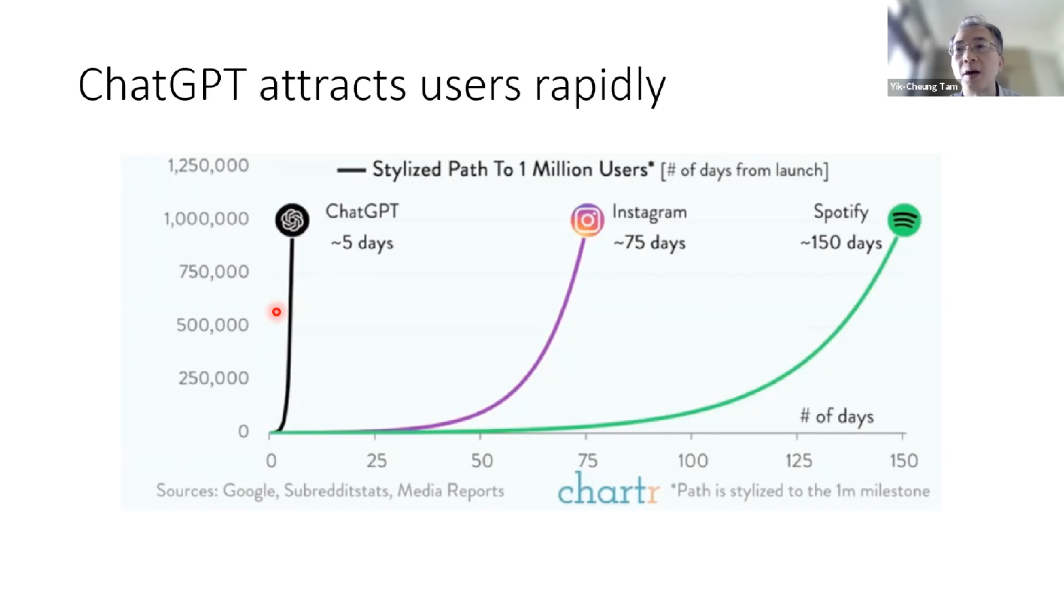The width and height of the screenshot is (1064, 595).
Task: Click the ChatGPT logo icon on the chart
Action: (x=292, y=220)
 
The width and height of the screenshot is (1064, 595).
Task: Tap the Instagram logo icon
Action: (x=587, y=220)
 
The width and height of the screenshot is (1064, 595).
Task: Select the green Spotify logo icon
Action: (x=904, y=220)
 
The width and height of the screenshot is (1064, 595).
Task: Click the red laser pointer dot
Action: (x=276, y=312)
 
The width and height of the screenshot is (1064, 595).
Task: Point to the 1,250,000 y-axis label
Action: (x=208, y=166)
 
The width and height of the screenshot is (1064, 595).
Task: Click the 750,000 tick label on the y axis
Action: (x=214, y=272)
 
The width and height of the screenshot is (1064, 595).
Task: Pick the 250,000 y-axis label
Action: (x=214, y=378)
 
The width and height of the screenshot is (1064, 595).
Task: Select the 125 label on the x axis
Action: (x=799, y=460)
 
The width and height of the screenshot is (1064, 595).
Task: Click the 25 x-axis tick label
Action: (x=377, y=460)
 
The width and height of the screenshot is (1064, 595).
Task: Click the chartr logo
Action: (x=608, y=489)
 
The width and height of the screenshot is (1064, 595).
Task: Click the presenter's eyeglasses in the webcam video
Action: (x=973, y=48)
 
